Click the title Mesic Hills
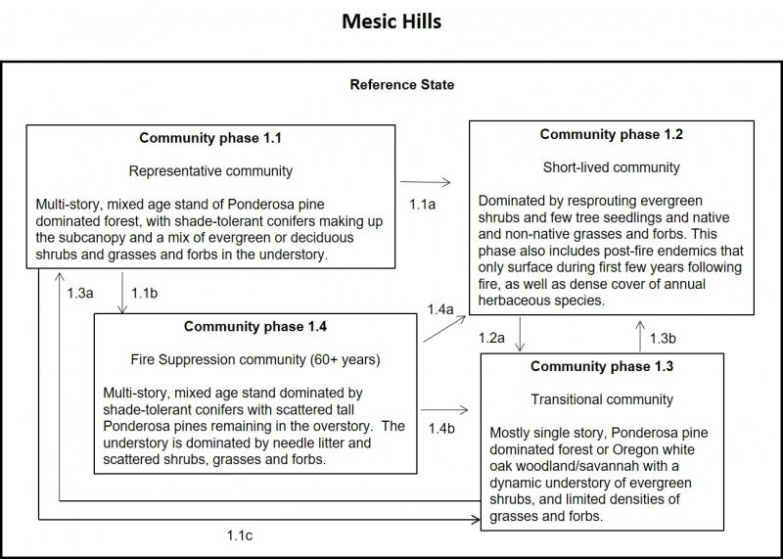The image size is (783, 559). (391, 21)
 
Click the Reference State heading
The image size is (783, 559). (401, 85)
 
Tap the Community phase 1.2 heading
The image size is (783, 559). (611, 134)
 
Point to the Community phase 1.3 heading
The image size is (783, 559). (602, 367)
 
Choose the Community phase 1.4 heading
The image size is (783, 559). (254, 326)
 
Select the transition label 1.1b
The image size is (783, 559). (145, 292)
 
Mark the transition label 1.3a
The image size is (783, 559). (80, 292)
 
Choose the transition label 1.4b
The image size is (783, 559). (441, 428)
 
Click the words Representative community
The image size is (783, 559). (210, 171)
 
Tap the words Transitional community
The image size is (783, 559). (602, 399)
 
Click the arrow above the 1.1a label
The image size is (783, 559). (425, 182)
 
